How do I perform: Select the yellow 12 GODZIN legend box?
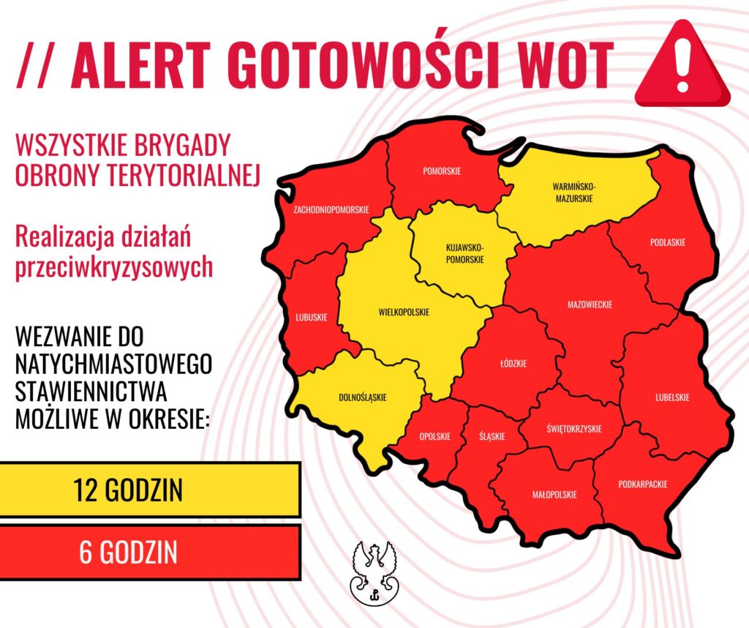click(x=151, y=490)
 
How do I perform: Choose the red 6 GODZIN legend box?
click(x=151, y=552)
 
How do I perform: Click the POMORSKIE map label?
click(x=442, y=171)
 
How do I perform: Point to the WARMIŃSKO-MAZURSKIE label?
click(x=573, y=192)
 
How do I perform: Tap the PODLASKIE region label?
click(x=668, y=242)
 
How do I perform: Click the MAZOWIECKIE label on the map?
click(x=590, y=304)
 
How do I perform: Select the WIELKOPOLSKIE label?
click(x=404, y=312)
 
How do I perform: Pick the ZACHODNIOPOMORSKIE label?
click(x=331, y=209)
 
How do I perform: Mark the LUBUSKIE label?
click(x=312, y=317)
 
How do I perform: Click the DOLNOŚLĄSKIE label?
click(x=363, y=397)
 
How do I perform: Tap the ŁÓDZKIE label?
click(x=515, y=363)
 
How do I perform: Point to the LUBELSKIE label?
click(x=671, y=397)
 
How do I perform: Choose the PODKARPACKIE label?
click(x=643, y=484)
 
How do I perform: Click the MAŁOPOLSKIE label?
click(x=554, y=495)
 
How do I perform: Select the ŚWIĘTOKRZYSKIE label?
click(x=574, y=428)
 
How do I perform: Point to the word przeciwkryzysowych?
click(x=114, y=267)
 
